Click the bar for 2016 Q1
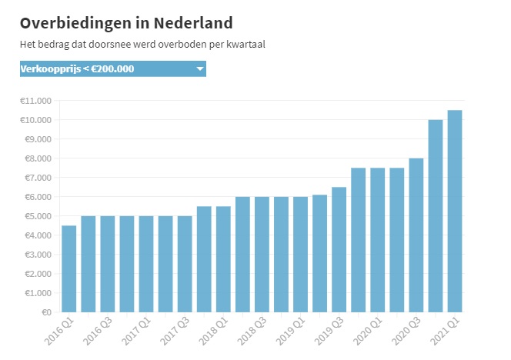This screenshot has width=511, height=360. pyautogui.click(x=69, y=268)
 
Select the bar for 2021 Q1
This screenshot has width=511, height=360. pyautogui.click(x=455, y=211)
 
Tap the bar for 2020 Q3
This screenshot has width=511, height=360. pyautogui.click(x=416, y=235)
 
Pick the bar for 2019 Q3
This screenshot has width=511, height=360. pyautogui.click(x=339, y=249)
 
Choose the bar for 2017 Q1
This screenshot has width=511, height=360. pyautogui.click(x=146, y=264)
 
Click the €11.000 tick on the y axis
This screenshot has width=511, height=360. pyautogui.click(x=36, y=101)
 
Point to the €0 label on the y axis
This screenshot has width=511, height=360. pyautogui.click(x=45, y=312)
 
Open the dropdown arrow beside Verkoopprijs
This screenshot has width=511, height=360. pyautogui.click(x=200, y=69)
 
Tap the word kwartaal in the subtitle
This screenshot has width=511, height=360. pyautogui.click(x=245, y=45)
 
